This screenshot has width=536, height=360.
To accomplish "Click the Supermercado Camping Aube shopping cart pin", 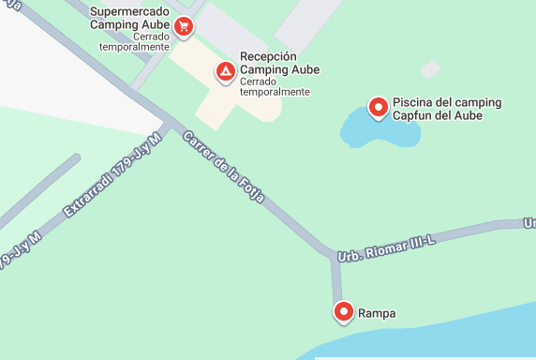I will [185, 27].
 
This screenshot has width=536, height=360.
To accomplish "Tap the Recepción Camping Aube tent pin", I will [225, 71].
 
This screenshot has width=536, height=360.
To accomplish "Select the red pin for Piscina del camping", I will [379, 108].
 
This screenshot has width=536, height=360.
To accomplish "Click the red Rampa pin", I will [343, 311].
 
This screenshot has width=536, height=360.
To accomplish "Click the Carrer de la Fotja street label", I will [225, 169].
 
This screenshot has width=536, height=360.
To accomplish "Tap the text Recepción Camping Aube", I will [279, 64].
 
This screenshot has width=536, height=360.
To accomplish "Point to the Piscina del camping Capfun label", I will [447, 109].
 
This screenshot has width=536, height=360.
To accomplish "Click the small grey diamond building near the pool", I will [429, 69].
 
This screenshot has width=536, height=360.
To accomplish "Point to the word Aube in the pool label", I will [468, 115].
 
